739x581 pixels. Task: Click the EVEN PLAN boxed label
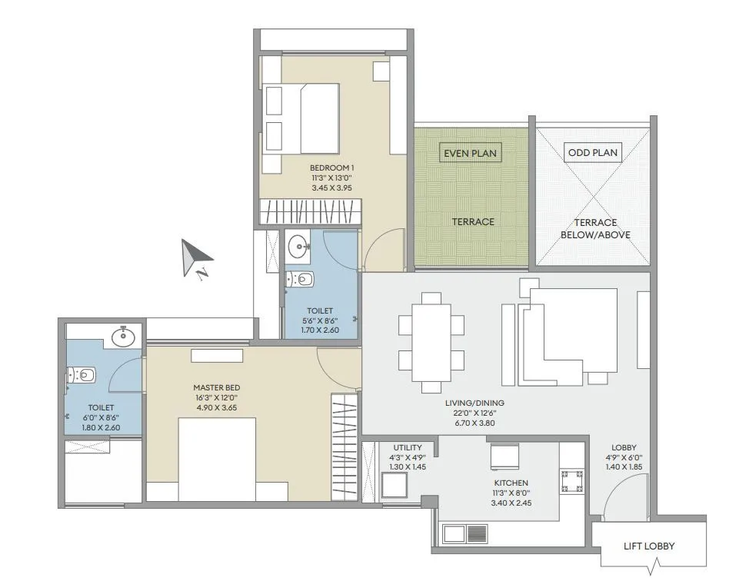(471, 153)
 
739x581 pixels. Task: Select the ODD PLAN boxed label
(592, 152)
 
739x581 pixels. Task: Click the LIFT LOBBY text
(648, 546)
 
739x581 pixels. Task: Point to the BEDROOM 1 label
(332, 168)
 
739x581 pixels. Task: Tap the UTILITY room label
(406, 447)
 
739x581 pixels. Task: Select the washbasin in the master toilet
(121, 336)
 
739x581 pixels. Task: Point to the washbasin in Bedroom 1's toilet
(298, 247)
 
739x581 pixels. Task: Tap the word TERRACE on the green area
(472, 221)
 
